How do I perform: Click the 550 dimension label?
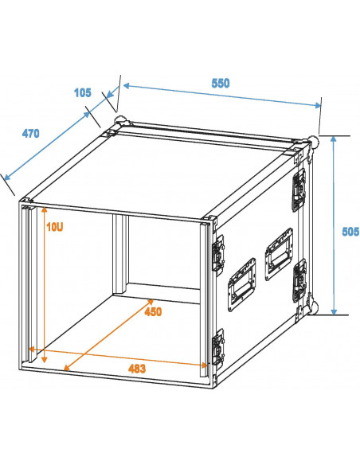coord(221,84)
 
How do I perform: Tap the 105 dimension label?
coord(83,93)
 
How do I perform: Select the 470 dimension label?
coord(30,134)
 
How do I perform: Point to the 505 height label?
coord(350,232)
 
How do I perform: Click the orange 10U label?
coord(55,227)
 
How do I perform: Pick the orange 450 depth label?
coord(153,311)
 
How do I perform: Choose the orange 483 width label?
coord(137,369)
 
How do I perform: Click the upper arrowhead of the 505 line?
coord(334,139)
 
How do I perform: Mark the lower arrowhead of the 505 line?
coord(334,311)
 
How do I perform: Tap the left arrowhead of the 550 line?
coord(126,86)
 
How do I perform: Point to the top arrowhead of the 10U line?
coord(44,210)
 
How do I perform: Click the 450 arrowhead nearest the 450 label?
coord(150,303)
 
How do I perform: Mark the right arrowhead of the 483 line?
coord(204,365)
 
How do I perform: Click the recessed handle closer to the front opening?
coord(241,285)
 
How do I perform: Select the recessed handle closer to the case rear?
coord(279,254)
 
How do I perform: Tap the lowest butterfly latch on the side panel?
coord(218,348)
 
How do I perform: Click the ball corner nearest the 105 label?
coord(121,121)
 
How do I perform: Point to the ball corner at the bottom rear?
coord(313,307)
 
